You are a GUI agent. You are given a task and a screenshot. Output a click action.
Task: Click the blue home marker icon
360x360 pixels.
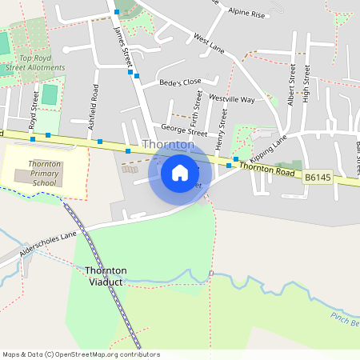[180, 172]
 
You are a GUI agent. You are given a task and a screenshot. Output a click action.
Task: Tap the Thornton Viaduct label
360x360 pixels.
[106, 276]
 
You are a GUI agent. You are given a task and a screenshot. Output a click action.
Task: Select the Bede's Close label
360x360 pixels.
[180, 82]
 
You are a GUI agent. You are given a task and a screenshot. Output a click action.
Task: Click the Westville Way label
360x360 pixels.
[231, 99]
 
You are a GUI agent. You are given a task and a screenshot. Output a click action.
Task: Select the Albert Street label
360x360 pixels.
[291, 85]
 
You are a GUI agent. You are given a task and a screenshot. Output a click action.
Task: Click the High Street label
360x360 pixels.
[306, 85]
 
